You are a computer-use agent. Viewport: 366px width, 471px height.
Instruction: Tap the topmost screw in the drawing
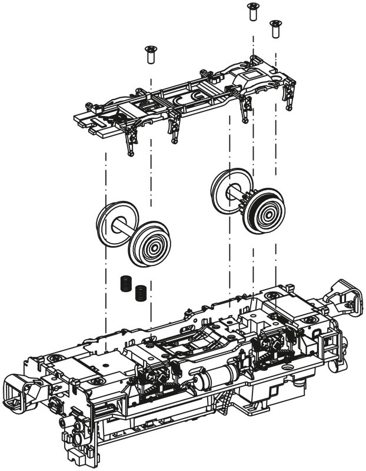click(x=252, y=10)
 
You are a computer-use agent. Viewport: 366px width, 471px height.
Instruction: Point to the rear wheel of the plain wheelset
click(x=111, y=223)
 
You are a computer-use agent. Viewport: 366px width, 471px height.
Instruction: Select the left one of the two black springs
click(x=125, y=283)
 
